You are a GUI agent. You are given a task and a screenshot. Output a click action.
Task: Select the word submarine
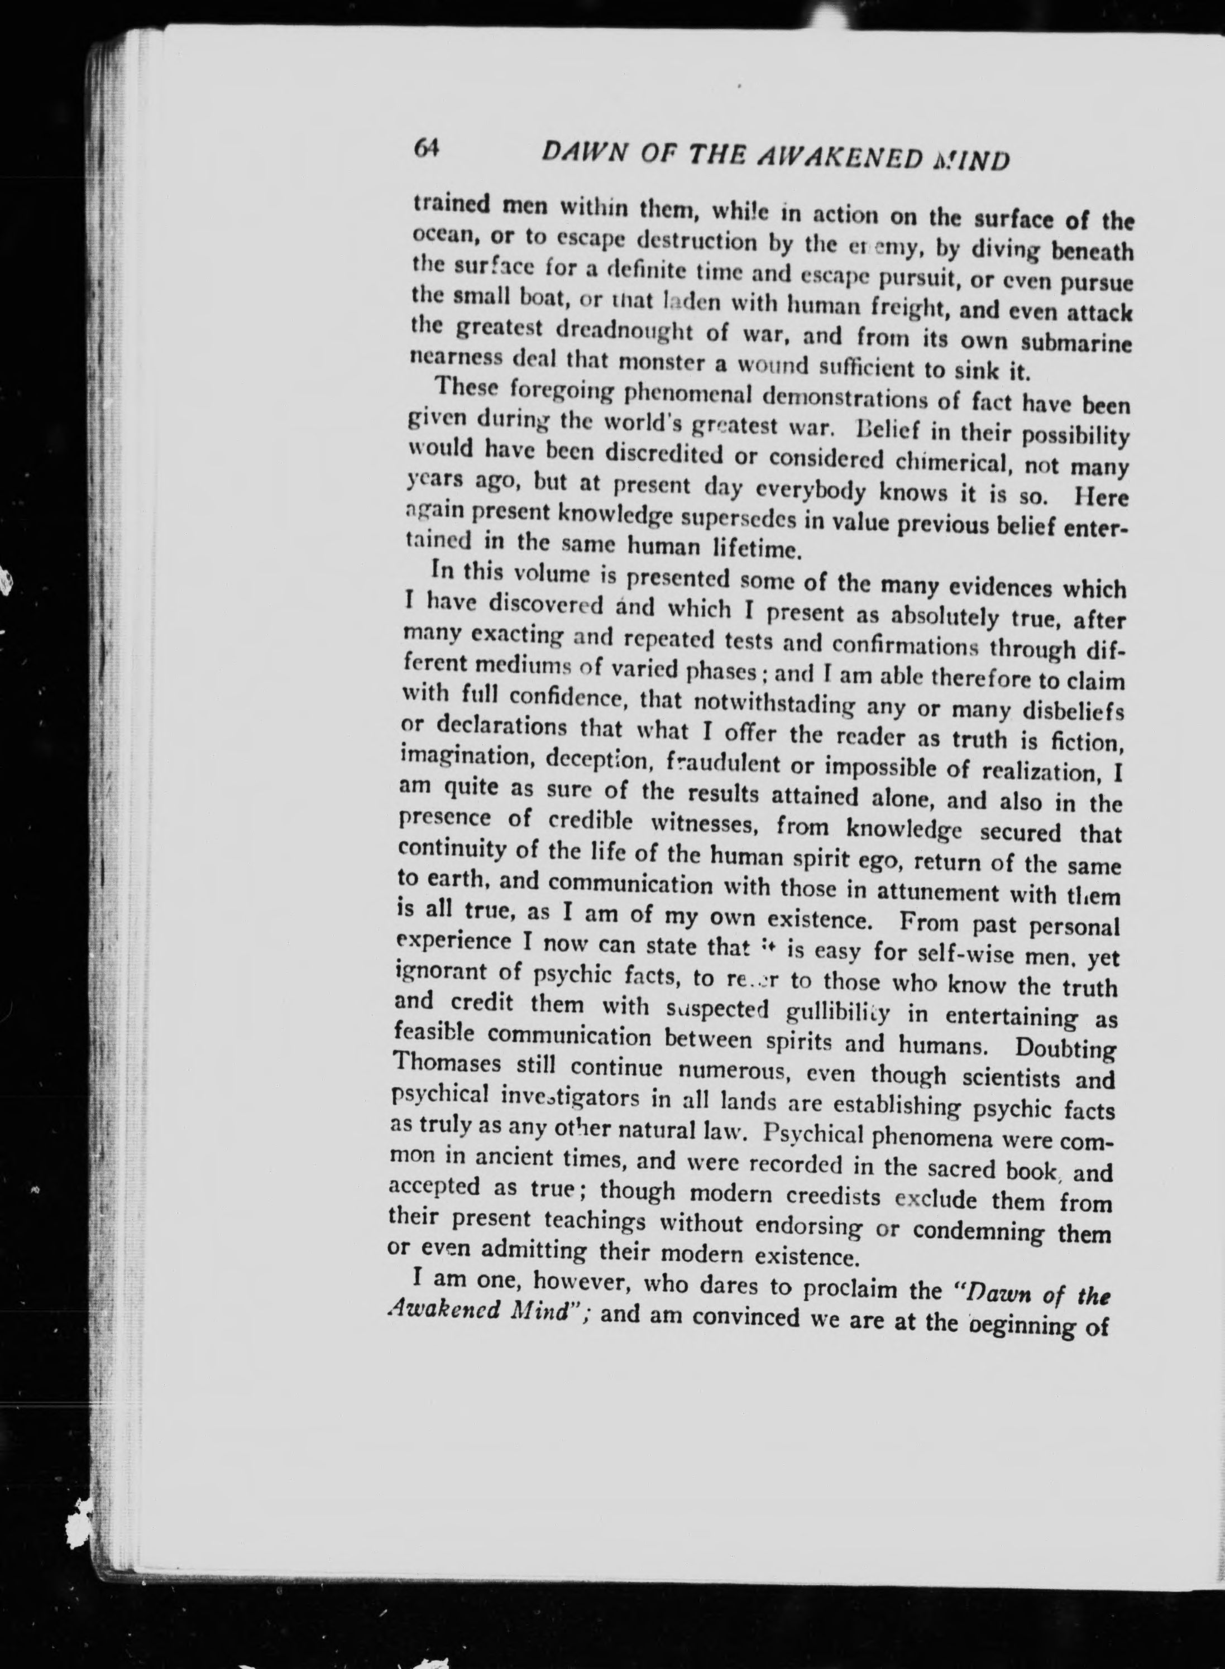pos(1076,344)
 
